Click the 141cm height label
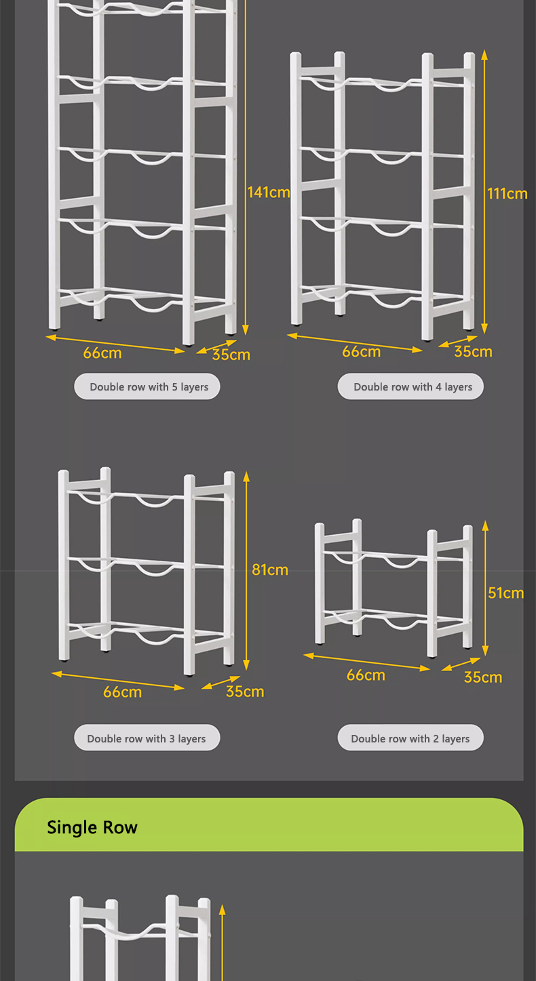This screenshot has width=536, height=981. [269, 193]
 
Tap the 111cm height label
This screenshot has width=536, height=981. [507, 194]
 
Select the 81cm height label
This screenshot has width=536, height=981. [270, 570]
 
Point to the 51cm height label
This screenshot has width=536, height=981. [506, 593]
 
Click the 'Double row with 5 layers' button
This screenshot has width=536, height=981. [147, 387]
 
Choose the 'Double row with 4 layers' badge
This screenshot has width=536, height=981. [411, 387]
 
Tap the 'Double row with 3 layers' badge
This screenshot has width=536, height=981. [147, 738]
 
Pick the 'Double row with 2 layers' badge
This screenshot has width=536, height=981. [411, 738]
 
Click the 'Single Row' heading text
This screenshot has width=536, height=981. [92, 828]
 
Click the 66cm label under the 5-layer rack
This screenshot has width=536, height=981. [102, 353]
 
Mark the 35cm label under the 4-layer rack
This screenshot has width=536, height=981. [473, 352]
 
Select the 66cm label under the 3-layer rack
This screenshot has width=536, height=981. [123, 692]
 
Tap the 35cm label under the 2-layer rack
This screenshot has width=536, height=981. [483, 677]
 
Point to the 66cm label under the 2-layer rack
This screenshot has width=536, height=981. [366, 675]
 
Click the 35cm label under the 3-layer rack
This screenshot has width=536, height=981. [245, 692]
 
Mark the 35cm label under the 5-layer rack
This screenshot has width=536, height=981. [231, 355]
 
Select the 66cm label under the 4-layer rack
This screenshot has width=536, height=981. [361, 352]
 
